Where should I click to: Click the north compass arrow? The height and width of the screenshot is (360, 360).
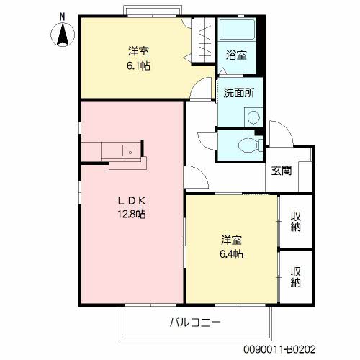pos(63,33)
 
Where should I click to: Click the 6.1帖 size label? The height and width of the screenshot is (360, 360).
pos(139,65)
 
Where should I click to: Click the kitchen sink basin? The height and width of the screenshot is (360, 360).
pos(130,150)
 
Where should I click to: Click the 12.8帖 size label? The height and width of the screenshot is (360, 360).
pos(132,214)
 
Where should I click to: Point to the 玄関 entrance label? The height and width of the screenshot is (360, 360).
pos(282,171)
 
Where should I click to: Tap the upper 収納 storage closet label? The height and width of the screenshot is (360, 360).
pos(296,222)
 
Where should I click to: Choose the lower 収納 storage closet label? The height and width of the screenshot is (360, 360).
pos(296,277)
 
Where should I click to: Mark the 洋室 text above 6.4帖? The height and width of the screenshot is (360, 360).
pos(231,240)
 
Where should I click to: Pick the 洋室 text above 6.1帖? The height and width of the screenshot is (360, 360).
pos(139,51)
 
